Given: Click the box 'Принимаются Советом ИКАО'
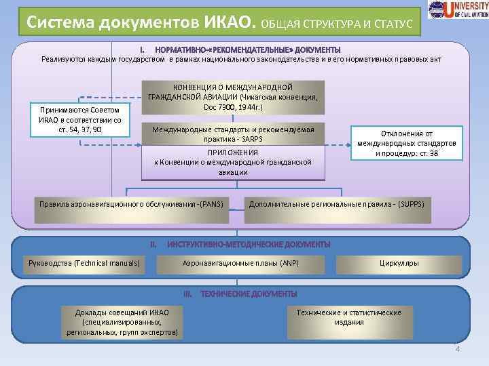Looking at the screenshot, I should (79, 120).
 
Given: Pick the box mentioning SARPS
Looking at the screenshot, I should (232, 134).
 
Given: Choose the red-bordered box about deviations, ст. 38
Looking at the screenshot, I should (405, 143).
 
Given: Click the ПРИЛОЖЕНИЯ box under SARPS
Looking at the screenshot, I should (232, 163).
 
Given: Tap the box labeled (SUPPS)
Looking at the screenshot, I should (338, 209).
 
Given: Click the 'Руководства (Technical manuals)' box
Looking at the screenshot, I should (84, 263).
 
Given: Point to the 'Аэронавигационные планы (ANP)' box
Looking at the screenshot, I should (240, 263).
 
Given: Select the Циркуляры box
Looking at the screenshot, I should (399, 263).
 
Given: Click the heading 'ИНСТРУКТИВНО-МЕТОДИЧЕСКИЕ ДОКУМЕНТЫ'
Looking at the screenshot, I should (249, 243).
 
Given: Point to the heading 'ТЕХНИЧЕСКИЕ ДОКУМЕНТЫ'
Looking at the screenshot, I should (249, 293).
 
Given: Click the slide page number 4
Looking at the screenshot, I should (457, 349).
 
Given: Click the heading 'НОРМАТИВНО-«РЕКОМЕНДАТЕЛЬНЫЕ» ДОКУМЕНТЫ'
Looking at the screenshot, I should (248, 50).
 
